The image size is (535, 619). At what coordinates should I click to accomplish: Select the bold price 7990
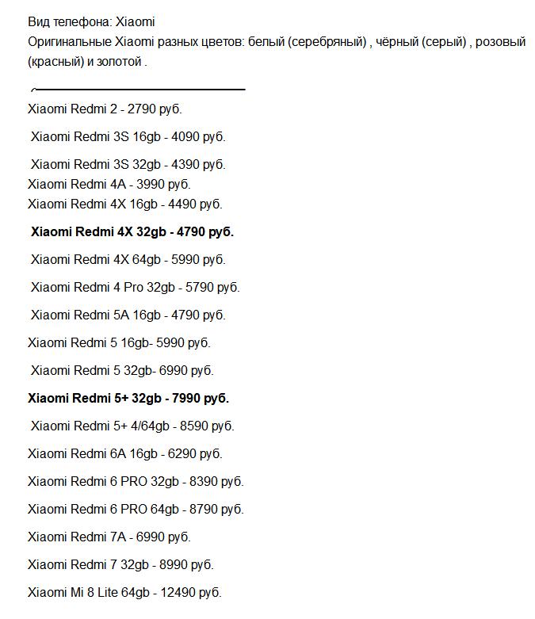(x=187, y=398)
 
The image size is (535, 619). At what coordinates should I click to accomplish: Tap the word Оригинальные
(x=70, y=41)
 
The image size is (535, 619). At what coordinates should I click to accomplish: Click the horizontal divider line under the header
(x=139, y=90)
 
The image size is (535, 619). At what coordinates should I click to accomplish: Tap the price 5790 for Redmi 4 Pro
(x=199, y=287)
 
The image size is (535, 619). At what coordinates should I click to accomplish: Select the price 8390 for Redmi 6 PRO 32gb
(x=203, y=481)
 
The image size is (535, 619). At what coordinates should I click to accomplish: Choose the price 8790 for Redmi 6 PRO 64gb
(x=203, y=509)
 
